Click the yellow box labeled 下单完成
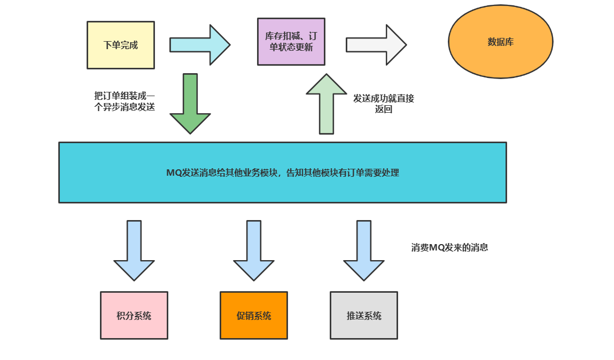[x=120, y=45]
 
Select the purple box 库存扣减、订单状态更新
[x=291, y=42]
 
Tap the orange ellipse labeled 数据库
[x=500, y=42]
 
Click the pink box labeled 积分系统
[x=134, y=315]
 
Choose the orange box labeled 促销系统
[x=253, y=315]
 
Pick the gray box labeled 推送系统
[x=363, y=315]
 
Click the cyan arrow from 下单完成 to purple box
[x=199, y=45]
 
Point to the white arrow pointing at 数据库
[x=376, y=45]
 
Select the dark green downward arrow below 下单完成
[x=190, y=104]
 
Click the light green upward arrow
[x=326, y=104]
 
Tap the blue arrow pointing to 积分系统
[x=134, y=250]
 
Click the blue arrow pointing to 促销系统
[x=254, y=250]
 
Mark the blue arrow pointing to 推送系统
[x=364, y=250]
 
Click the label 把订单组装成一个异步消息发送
[x=125, y=101]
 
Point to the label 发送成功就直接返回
[x=383, y=104]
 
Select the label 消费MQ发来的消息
[x=449, y=248]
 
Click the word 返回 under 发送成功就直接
[x=384, y=109]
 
